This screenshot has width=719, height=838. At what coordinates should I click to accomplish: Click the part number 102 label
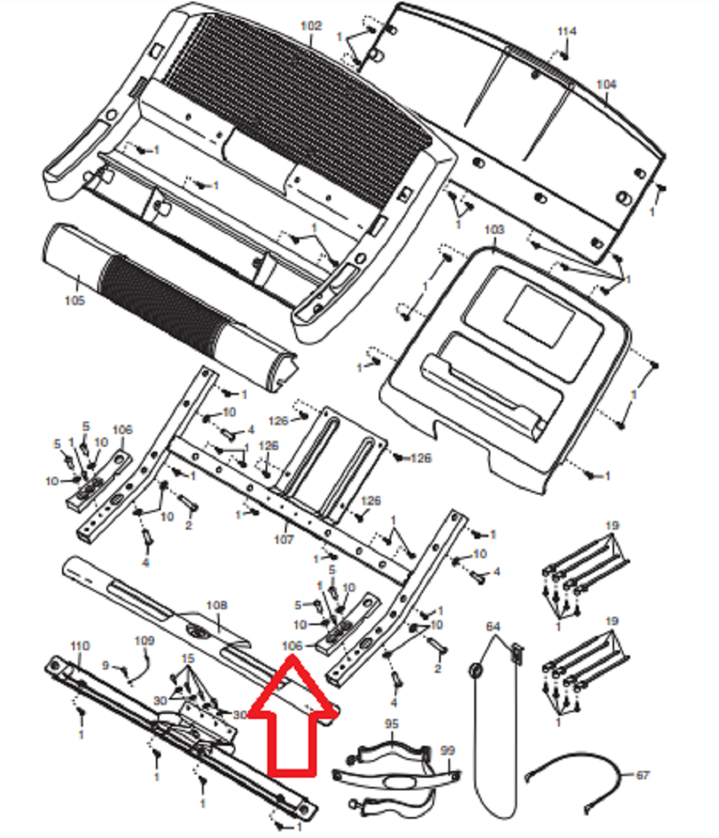[311, 26]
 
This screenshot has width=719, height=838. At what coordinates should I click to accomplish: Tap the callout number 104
[606, 85]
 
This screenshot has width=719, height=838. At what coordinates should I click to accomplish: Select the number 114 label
[567, 32]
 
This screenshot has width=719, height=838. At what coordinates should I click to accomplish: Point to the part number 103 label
[495, 229]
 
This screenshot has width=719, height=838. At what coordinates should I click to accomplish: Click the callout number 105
[75, 300]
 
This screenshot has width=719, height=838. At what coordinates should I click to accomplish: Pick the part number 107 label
[284, 539]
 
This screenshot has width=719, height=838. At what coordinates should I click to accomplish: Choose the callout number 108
[216, 604]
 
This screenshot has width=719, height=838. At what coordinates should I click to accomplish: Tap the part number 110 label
[79, 646]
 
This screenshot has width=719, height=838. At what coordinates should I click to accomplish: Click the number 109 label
[145, 641]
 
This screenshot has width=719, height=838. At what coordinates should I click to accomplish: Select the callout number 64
[493, 627]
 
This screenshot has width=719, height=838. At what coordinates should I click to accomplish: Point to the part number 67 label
[642, 776]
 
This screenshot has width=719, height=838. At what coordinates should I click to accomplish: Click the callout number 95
[391, 723]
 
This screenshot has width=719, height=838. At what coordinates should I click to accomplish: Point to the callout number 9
[106, 665]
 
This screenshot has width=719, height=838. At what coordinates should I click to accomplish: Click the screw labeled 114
[566, 55]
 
